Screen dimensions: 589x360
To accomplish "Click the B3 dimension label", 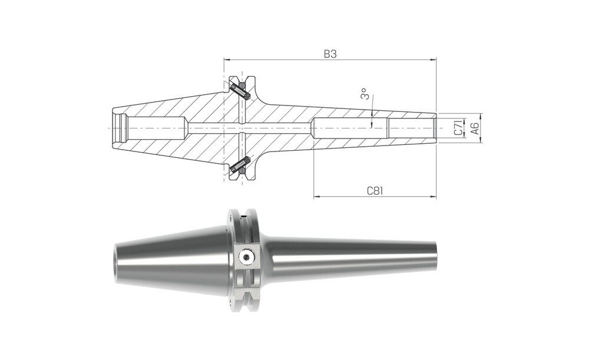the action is click(x=330, y=54).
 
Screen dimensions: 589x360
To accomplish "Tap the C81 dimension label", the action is click(x=375, y=191).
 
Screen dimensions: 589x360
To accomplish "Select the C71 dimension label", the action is click(x=458, y=128).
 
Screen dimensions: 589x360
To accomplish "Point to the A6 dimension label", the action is click(x=475, y=128).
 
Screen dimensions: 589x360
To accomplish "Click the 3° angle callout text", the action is click(x=364, y=94).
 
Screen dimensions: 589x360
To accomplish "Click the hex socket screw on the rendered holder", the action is click(x=246, y=257).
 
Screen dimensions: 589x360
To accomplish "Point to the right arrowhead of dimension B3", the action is click(x=434, y=59).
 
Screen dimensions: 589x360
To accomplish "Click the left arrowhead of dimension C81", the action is click(x=316, y=196).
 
